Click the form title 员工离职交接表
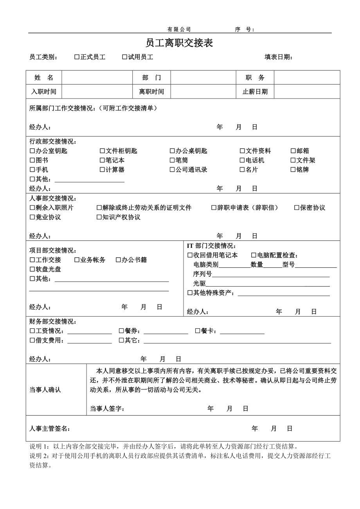(x=179, y=43)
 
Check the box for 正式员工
(x=77, y=57)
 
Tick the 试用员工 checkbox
(x=125, y=57)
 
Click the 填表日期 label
(x=278, y=57)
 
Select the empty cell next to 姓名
(x=97, y=78)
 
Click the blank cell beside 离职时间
(x=203, y=92)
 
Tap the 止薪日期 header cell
(x=255, y=92)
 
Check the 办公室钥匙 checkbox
(x=32, y=151)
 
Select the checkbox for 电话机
(x=242, y=160)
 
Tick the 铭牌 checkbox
(x=293, y=170)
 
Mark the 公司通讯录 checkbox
(x=172, y=170)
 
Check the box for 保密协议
(x=297, y=208)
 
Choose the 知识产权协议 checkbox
(x=99, y=217)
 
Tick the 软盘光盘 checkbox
(x=32, y=269)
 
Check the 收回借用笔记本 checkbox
(x=190, y=255)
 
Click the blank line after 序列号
(x=270, y=274)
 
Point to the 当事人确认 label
(x=45, y=390)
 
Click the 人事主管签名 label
(x=50, y=429)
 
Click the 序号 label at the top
(x=245, y=29)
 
